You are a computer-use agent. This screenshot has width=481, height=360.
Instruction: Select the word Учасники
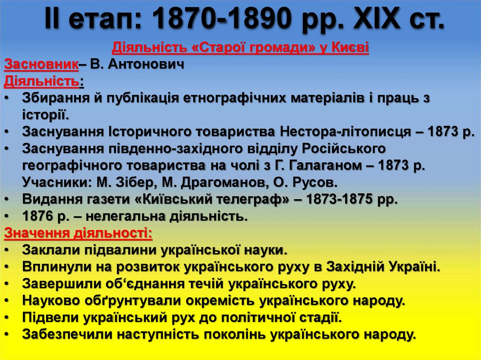56,182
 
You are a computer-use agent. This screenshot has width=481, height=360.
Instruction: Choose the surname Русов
314,182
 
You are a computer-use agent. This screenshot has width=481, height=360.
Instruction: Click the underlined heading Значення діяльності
78,233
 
